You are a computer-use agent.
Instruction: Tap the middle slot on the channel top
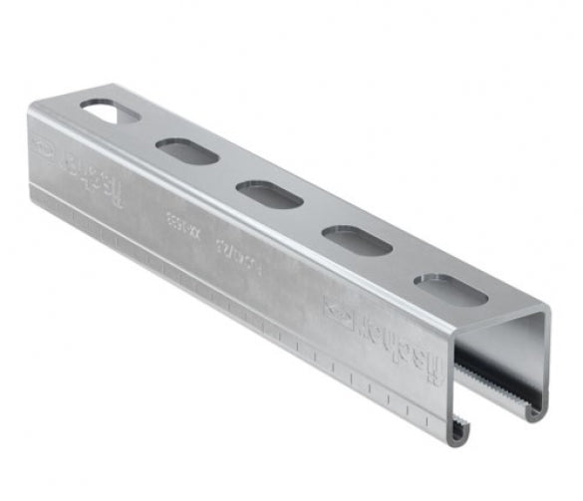tap(269, 194)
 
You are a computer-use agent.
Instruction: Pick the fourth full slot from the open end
tap(186, 151)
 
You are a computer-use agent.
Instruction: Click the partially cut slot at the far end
tap(109, 111)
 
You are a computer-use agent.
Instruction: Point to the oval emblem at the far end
tap(46, 146)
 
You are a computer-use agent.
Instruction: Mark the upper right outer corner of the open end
tap(547, 312)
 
